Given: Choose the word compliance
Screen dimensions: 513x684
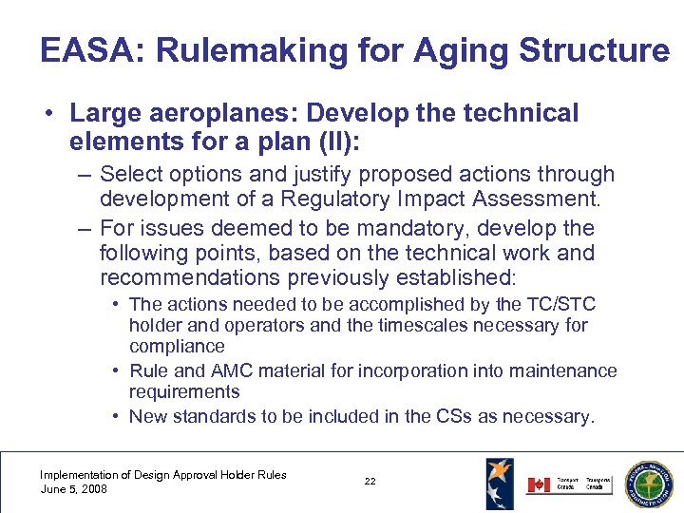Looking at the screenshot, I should [177, 346].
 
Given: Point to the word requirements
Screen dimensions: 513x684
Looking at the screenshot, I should [184, 391].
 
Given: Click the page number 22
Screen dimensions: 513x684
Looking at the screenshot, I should [370, 482].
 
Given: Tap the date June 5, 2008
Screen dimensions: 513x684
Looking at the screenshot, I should [73, 489].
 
